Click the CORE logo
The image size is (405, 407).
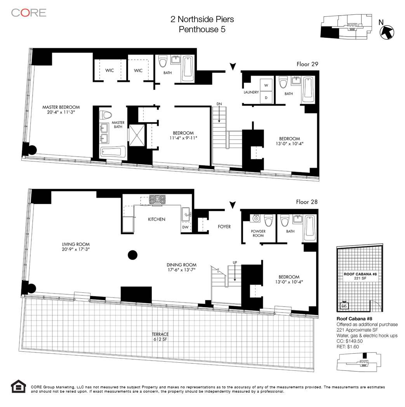[29, 12]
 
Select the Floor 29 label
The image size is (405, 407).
[307, 64]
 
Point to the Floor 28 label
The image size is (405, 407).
[307, 202]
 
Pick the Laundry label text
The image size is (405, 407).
[251, 92]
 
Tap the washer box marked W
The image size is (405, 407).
[266, 85]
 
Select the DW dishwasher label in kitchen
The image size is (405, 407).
[185, 227]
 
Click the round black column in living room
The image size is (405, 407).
[133, 255]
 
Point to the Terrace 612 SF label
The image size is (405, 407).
[160, 337]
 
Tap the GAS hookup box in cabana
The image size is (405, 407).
[344, 305]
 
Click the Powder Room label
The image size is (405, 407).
[258, 233]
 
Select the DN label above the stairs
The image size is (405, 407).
[219, 104]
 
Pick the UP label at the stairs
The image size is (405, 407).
[235, 263]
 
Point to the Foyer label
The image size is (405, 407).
[224, 227]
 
